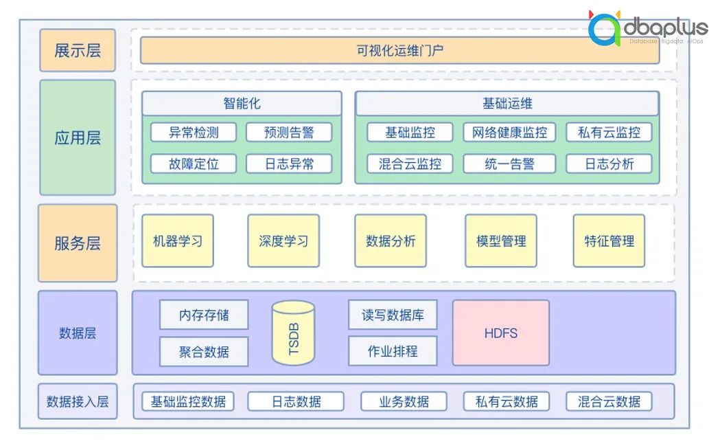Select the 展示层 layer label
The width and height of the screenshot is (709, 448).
[x=78, y=50]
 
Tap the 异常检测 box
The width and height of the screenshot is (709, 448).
[x=194, y=132]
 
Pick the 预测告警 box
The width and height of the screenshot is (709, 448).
[x=289, y=132]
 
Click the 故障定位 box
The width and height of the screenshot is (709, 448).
[x=194, y=164]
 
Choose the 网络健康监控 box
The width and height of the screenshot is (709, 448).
[x=509, y=132]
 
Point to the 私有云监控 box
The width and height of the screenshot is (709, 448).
[x=609, y=132]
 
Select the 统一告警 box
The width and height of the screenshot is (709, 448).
[x=509, y=164]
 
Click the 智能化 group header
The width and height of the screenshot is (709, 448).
[x=242, y=104]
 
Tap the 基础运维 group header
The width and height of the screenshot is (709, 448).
[x=507, y=104]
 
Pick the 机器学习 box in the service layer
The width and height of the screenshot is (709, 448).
[x=178, y=241]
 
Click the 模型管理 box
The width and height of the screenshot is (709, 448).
[x=501, y=241]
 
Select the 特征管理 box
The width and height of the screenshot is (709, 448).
[x=609, y=241]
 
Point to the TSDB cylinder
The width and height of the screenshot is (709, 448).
[x=293, y=333]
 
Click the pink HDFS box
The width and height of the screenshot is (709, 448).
[x=501, y=333]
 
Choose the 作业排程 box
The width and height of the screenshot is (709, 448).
[x=393, y=351]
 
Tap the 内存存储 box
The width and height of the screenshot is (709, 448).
[x=204, y=315]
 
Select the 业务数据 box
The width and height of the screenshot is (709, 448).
[x=404, y=401]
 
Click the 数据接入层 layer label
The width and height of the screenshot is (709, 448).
[x=78, y=401]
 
